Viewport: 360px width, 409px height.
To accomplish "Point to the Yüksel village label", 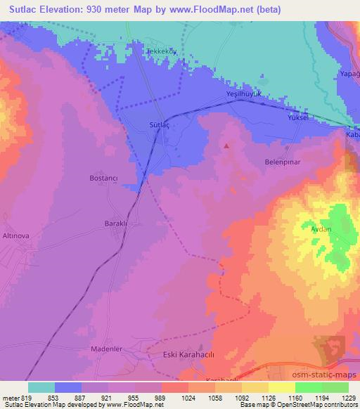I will [x=298, y=118].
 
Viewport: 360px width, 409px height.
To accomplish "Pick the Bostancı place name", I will [x=102, y=178].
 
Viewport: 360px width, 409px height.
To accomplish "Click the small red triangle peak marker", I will [x=226, y=146].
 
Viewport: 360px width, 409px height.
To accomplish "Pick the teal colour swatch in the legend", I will [x=41, y=387].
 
